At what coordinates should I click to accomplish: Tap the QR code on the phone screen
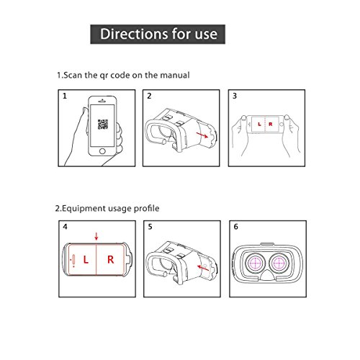point(103,124)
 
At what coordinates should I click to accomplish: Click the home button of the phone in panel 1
point(102,151)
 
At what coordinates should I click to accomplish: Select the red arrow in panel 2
point(202,135)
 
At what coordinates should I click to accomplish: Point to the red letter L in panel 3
point(259,124)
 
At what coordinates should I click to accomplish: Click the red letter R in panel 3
point(271,124)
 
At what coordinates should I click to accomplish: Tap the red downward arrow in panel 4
point(96,236)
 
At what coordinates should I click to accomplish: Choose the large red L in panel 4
point(86,260)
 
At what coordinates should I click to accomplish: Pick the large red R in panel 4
point(110,260)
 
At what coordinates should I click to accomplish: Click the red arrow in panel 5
point(203,267)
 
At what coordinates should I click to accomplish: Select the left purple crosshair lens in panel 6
point(256,263)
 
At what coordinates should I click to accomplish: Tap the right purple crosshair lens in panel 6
point(279,263)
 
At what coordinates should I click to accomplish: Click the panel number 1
point(65,96)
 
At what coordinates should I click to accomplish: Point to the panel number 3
point(235,96)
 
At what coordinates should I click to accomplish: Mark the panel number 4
point(65,227)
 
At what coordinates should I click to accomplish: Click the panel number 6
point(236,227)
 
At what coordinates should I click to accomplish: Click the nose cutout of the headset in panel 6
point(267,275)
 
